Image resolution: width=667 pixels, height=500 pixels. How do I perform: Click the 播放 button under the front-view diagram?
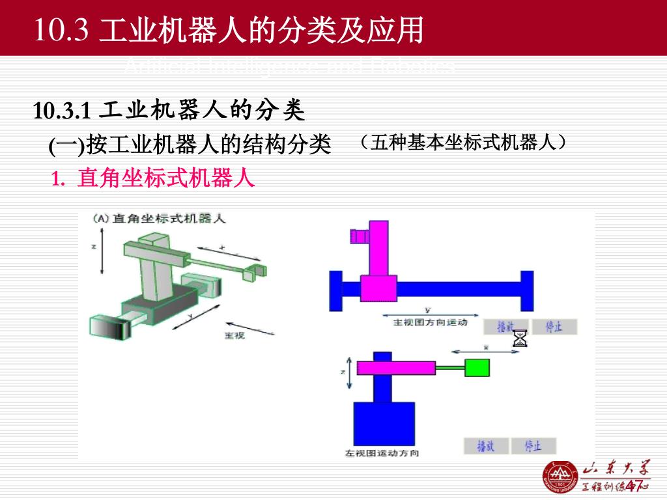pyautogui.click(x=506, y=327)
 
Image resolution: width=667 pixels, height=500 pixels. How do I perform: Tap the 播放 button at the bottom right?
pyautogui.click(x=485, y=446)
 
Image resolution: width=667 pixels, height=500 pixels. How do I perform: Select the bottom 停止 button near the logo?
pyautogui.click(x=533, y=446)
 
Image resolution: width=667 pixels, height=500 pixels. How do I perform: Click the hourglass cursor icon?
pyautogui.click(x=520, y=339)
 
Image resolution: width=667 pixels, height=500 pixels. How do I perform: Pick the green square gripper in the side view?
pyautogui.click(x=477, y=367)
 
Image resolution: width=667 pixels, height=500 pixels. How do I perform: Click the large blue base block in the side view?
pyautogui.click(x=384, y=423)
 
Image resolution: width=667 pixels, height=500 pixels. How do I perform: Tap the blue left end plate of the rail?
pyautogui.click(x=336, y=290)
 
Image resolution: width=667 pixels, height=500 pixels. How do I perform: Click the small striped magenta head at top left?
pyautogui.click(x=359, y=236)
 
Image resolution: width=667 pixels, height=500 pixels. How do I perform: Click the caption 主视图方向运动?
pyautogui.click(x=431, y=322)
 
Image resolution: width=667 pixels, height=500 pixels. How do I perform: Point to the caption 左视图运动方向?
pyautogui.click(x=382, y=453)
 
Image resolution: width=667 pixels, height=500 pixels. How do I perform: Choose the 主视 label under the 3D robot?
pyautogui.click(x=234, y=335)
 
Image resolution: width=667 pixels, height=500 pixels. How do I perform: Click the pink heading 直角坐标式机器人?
pyautogui.click(x=165, y=178)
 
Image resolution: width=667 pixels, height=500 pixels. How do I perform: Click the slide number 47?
pyautogui.click(x=634, y=485)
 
